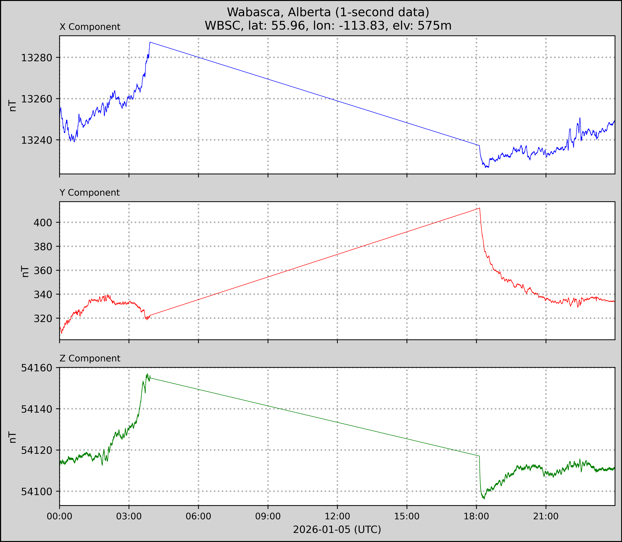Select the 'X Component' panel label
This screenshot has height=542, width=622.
[x=90, y=27]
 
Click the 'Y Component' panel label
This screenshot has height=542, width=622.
[x=90, y=193]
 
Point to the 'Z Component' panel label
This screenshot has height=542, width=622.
[x=90, y=358]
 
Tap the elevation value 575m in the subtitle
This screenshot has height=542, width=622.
[x=435, y=26]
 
